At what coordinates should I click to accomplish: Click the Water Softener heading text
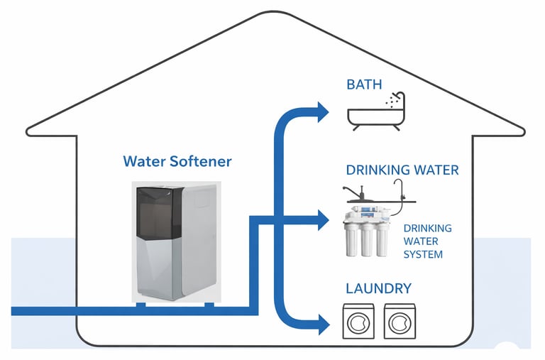click(x=177, y=161)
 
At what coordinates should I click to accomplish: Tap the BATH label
click(x=364, y=85)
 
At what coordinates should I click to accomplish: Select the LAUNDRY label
click(x=378, y=288)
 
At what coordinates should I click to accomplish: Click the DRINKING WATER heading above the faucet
click(x=402, y=170)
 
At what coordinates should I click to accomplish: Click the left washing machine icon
click(x=358, y=320)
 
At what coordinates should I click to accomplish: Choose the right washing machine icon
click(x=400, y=320)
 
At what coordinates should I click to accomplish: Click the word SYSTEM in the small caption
click(x=423, y=255)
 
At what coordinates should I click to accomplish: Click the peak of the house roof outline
click(x=277, y=12)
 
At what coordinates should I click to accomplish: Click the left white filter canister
click(x=350, y=239)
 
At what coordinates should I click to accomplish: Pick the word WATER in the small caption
click(x=422, y=241)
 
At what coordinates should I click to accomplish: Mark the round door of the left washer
click(x=358, y=324)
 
